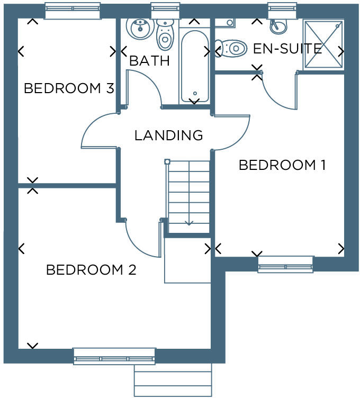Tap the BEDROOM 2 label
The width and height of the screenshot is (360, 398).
point(91,270)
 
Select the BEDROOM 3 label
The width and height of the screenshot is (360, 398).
point(69,88)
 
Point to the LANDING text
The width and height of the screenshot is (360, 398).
point(168,135)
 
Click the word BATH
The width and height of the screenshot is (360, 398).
point(150,60)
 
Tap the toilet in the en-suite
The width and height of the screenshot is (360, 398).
point(233,49)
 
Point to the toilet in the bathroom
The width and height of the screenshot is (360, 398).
point(165,35)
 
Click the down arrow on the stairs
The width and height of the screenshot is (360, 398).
point(189,222)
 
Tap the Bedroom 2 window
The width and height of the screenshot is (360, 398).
point(114,356)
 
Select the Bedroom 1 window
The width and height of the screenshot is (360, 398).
point(285,264)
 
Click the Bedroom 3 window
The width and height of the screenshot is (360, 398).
point(73,10)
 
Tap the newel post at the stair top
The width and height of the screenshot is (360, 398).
point(167,161)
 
